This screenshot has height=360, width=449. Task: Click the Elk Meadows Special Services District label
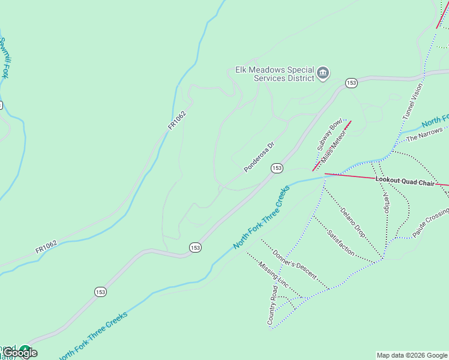[275, 74]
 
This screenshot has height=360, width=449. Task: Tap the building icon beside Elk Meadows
[323, 74]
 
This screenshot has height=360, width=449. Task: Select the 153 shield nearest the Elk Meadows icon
[351, 83]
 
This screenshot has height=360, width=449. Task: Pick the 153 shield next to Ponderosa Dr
[276, 169]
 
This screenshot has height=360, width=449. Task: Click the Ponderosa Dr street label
[259, 157]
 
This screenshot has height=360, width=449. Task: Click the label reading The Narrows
[424, 134]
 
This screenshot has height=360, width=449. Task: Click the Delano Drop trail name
[352, 222]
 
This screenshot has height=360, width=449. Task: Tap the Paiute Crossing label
[430, 222]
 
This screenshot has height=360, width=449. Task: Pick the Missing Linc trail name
[274, 274]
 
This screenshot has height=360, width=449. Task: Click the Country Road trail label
[273, 306]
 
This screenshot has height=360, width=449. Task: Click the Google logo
[20, 353]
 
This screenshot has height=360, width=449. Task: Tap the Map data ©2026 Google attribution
[412, 355]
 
